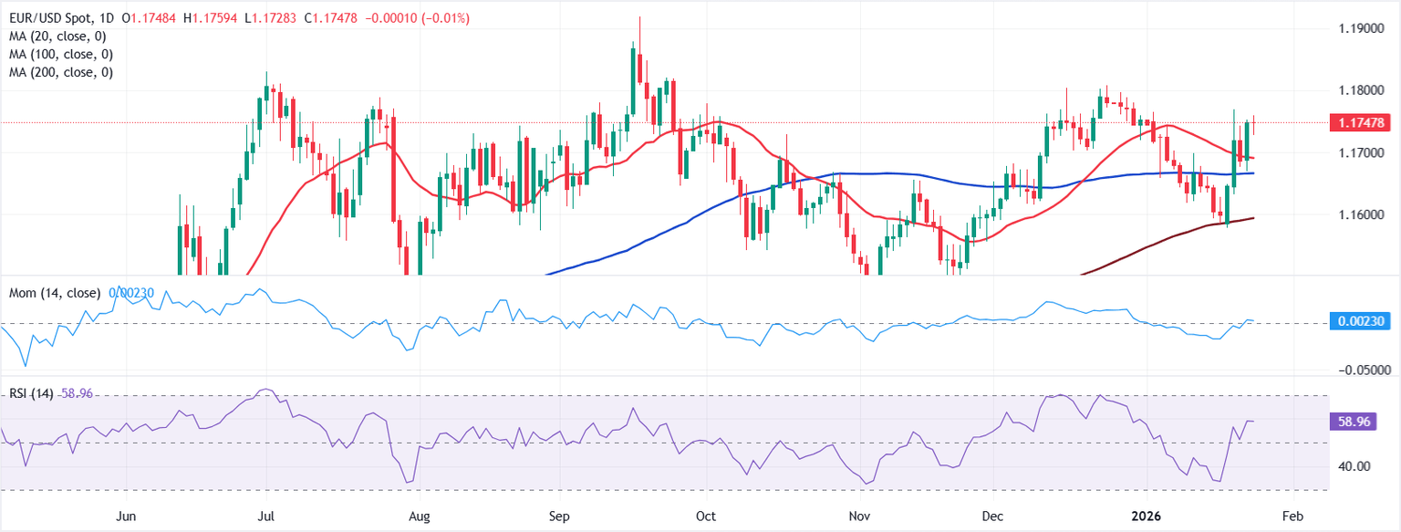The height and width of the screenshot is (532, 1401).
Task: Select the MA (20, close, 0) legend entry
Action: pos(57,37)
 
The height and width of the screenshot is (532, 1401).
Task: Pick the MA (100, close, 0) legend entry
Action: pos(61,54)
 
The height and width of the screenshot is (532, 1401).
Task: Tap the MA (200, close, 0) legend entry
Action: pos(61,72)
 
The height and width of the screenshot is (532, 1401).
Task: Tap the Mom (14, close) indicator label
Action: pos(55,293)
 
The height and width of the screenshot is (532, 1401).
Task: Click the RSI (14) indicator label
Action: pos(30,393)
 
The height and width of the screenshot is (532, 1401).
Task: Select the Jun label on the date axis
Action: pos(127,516)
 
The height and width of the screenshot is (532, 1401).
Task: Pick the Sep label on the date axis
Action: pos(559,516)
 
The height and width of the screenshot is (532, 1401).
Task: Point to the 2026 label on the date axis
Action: pos(1147,516)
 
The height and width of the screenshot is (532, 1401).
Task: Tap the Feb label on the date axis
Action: pos(1292,516)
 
